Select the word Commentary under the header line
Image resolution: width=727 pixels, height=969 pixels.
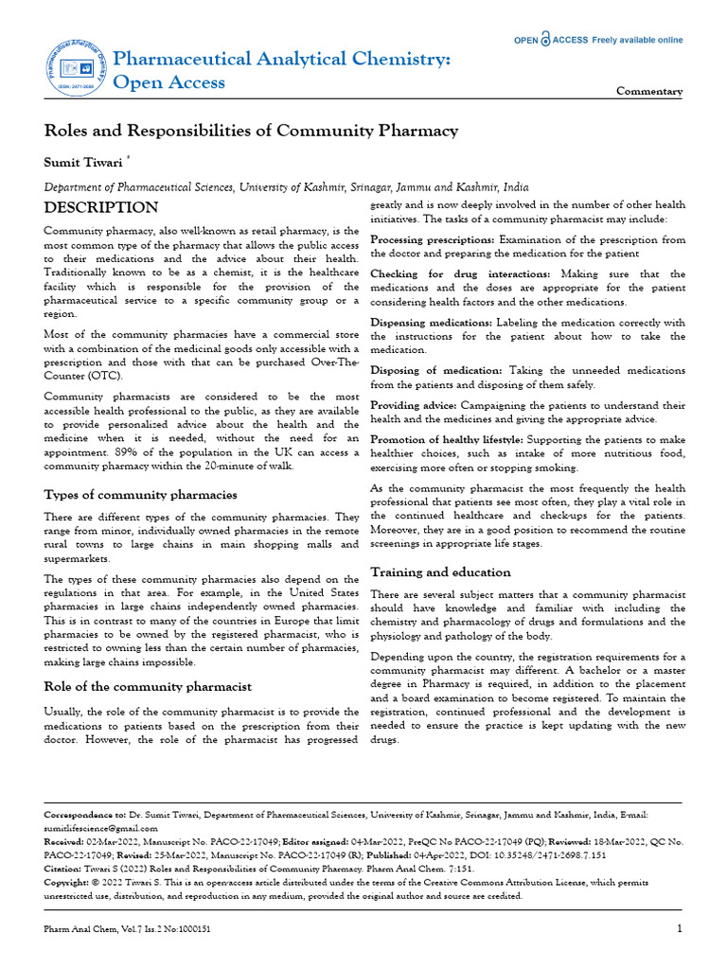pyautogui.click(x=648, y=92)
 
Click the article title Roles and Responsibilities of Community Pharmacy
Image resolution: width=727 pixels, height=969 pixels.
pyautogui.click(x=251, y=131)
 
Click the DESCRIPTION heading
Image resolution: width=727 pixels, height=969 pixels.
pyautogui.click(x=101, y=207)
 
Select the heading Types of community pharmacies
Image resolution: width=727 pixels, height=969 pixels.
pyautogui.click(x=141, y=495)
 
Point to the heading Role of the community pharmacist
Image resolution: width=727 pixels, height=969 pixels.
pyautogui.click(x=148, y=686)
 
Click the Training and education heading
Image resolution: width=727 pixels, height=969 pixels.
pyautogui.click(x=440, y=573)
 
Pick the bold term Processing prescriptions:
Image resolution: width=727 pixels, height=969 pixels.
pyautogui.click(x=432, y=240)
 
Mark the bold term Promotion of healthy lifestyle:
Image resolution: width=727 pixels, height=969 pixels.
pyautogui.click(x=447, y=440)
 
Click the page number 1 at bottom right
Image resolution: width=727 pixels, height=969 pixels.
pyautogui.click(x=680, y=929)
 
